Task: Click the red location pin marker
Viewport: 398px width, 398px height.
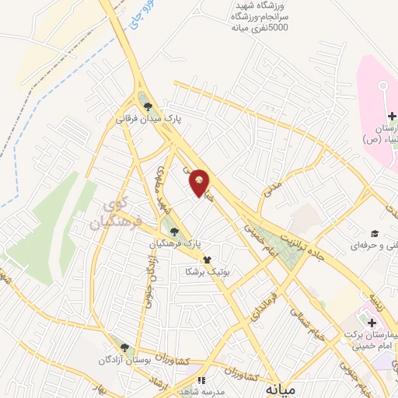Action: click(200, 183)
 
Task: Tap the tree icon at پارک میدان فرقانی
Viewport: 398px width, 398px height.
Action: click(148, 106)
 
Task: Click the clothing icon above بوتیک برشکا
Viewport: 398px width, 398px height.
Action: click(206, 261)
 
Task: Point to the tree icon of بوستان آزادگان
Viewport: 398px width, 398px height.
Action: click(124, 347)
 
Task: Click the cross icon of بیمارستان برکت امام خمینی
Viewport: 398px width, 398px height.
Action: click(372, 322)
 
